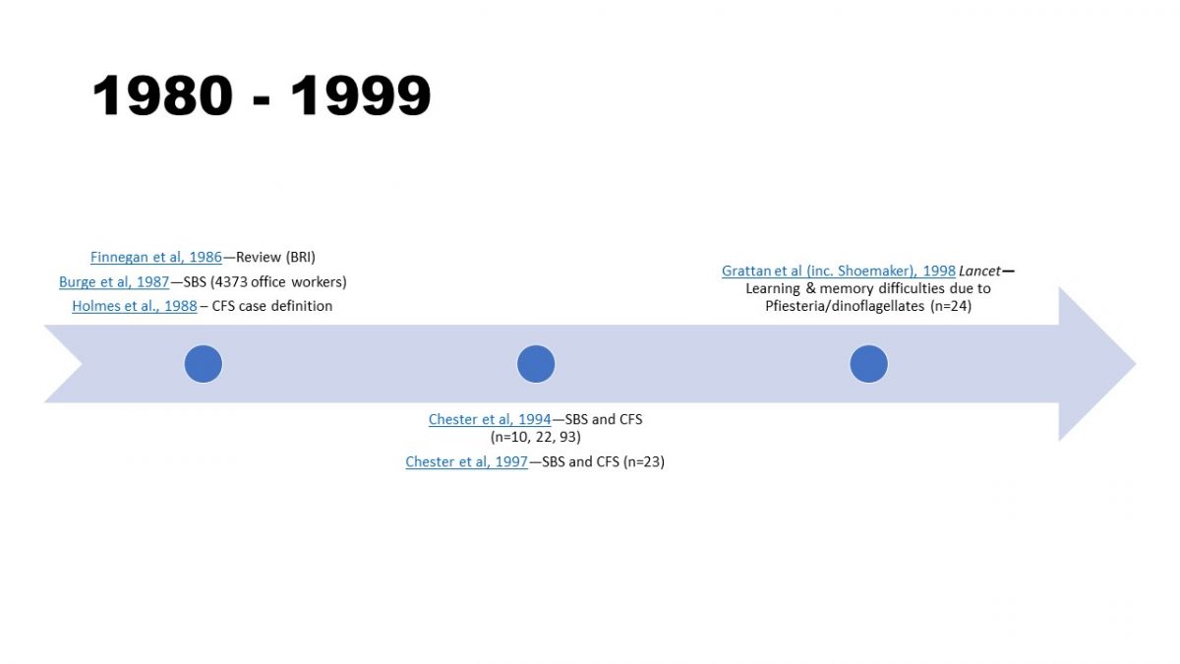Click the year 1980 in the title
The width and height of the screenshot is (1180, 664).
point(162,96)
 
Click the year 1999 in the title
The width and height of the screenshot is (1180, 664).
point(361,96)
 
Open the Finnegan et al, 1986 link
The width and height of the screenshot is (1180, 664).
point(156,258)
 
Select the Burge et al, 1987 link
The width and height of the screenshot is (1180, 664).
point(114,282)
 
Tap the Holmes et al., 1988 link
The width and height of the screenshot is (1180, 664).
point(135,306)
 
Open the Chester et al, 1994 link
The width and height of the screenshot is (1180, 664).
point(490,419)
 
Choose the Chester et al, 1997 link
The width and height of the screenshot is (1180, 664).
point(467,461)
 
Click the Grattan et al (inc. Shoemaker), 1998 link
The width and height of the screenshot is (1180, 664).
point(839,271)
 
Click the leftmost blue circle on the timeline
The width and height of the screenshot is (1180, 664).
point(204,364)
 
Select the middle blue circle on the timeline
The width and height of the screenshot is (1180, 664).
point(536,364)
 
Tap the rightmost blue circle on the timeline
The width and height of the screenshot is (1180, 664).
point(868,364)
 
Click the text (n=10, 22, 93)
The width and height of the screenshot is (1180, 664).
point(536,437)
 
